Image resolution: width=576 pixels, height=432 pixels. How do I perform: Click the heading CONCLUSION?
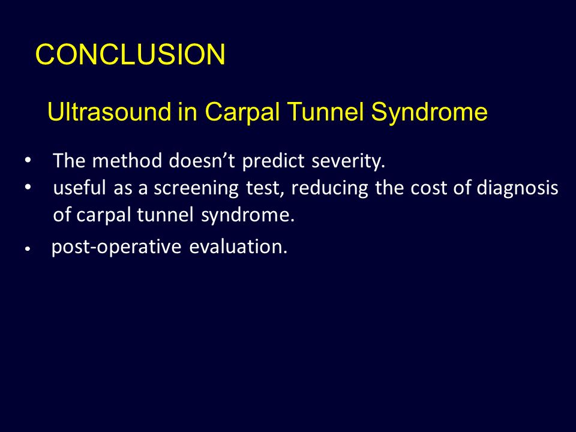[x=130, y=55]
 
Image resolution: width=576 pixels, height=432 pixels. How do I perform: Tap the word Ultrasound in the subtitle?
[x=109, y=112]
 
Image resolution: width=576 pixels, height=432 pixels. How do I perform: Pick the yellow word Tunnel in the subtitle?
[x=326, y=112]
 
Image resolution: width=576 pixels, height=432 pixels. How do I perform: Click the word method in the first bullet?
[x=127, y=161]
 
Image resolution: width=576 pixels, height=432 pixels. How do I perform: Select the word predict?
[x=274, y=161]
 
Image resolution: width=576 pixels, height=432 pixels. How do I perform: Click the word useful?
[x=80, y=187]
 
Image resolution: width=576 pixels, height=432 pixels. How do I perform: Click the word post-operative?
[x=116, y=247]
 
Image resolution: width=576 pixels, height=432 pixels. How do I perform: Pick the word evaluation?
[x=238, y=246]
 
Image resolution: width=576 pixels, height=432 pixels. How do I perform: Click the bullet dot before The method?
[x=28, y=161]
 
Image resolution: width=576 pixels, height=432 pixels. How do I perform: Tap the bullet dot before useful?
[x=28, y=187]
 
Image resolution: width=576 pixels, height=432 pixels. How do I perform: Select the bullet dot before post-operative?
[x=27, y=249]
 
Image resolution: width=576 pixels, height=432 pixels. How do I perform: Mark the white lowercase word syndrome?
[x=248, y=215]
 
